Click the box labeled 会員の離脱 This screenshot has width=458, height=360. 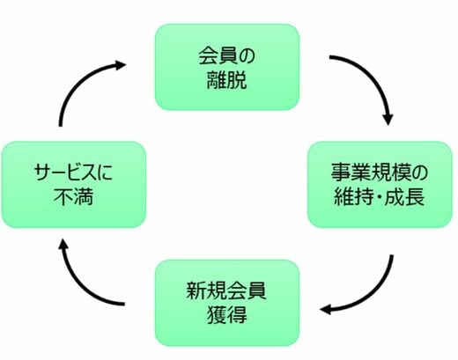227,67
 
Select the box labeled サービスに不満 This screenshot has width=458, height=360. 74,185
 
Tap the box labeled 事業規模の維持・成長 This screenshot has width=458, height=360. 380,185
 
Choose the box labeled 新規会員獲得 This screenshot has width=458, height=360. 227,303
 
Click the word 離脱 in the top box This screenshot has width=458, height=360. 227,80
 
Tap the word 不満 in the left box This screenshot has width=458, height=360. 74,196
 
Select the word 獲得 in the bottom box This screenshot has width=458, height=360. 227,315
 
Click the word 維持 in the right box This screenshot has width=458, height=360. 353,196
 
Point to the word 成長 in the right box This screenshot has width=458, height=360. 404,196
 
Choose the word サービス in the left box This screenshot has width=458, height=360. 64,173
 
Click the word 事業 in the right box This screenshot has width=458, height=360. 351,173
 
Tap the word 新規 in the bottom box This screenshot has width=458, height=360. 206,290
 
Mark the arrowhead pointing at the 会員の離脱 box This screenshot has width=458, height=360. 120,65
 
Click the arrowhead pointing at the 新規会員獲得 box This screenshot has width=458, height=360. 326,310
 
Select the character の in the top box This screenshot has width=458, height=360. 247,56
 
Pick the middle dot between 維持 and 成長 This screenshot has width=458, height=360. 379,196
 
